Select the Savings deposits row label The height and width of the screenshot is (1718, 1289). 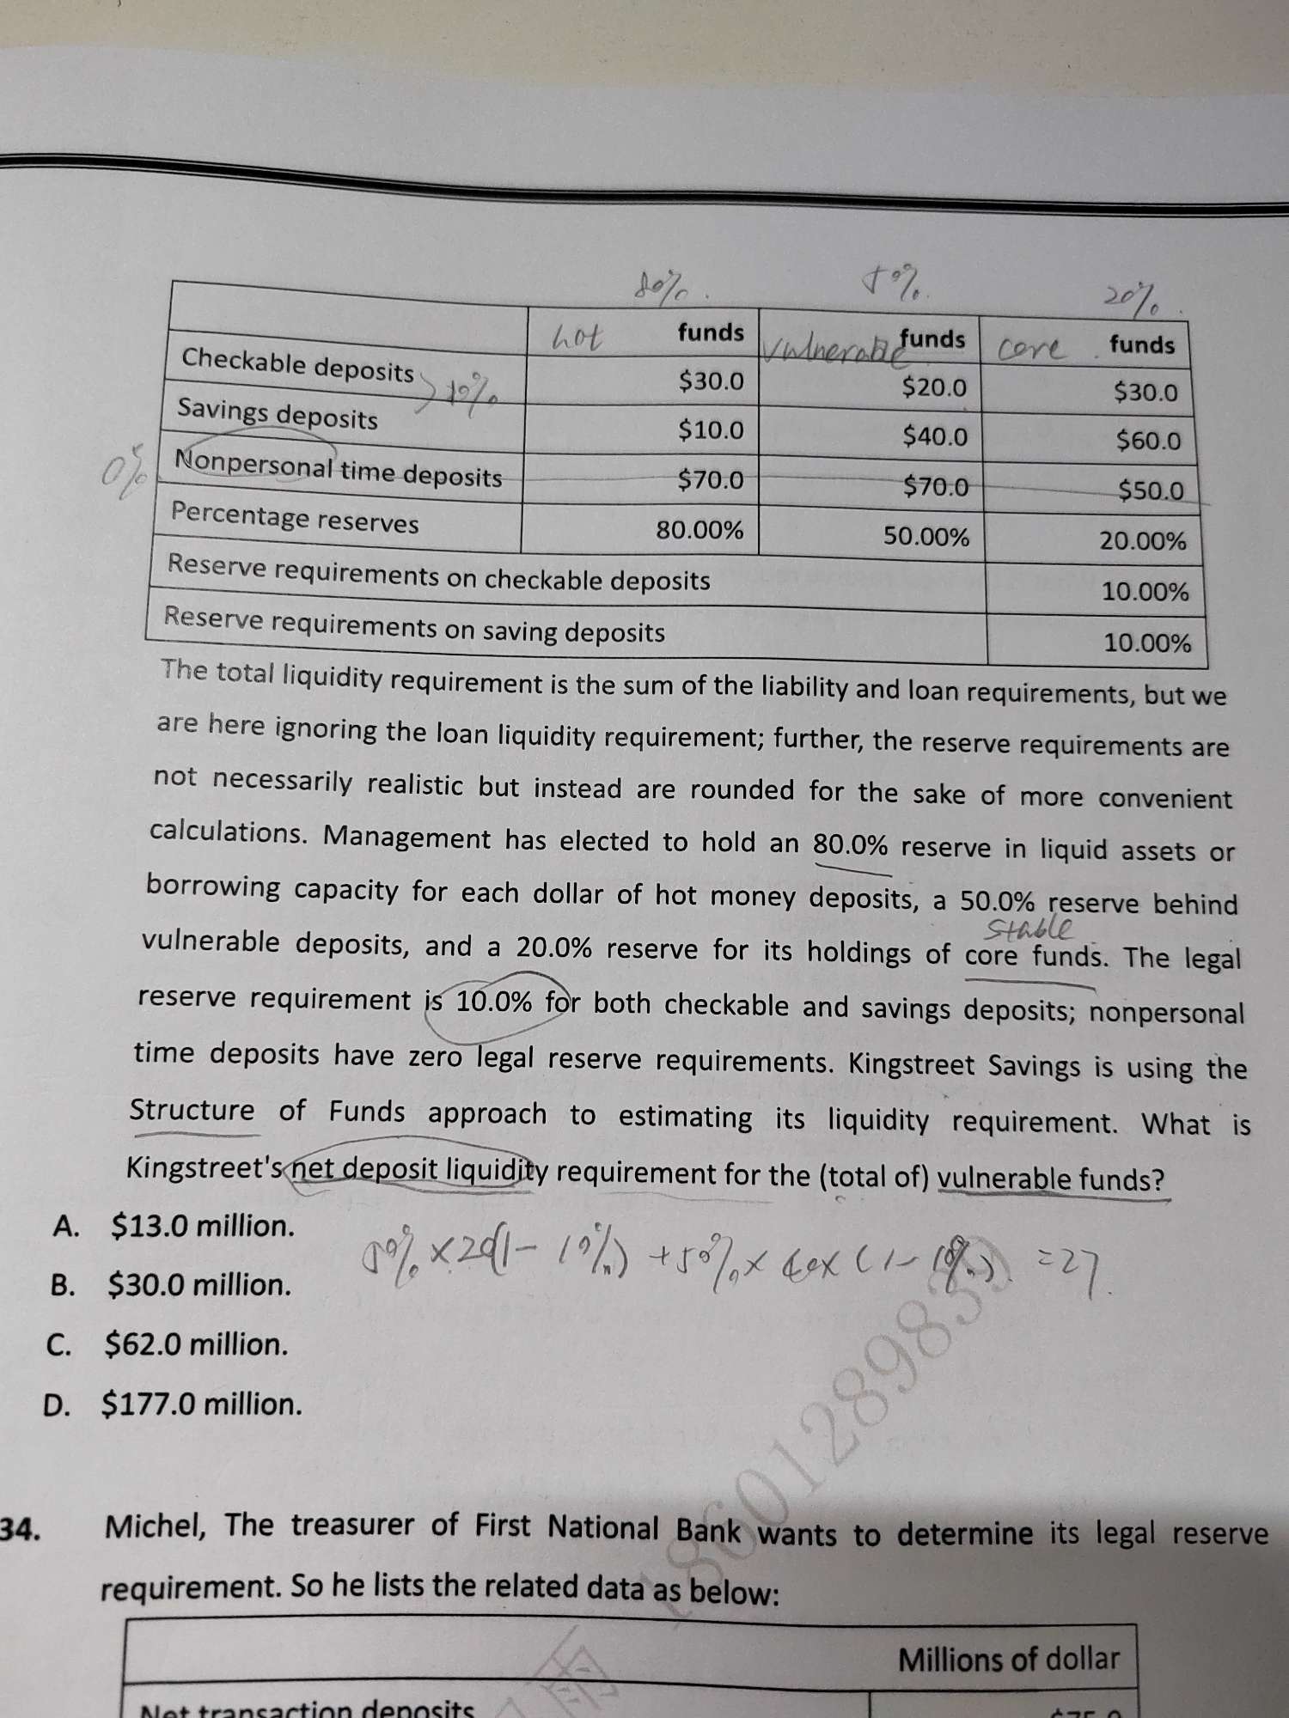click(278, 415)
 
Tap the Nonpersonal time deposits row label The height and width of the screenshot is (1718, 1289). click(338, 469)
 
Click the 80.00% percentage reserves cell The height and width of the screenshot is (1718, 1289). click(699, 530)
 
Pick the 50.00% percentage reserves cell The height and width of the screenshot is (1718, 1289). click(926, 537)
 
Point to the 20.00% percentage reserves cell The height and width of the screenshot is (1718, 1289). click(1143, 541)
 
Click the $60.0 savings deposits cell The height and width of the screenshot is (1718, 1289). click(1148, 442)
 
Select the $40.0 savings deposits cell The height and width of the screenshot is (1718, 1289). click(934, 436)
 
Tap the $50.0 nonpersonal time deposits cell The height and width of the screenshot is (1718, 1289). click(1151, 490)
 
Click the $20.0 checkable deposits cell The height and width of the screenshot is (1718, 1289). click(934, 387)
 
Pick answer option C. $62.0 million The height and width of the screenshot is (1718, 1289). click(167, 1344)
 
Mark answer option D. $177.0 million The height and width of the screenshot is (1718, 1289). click(173, 1404)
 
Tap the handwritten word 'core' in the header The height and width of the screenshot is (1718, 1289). click(1032, 349)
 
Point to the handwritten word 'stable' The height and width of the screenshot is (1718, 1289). click(1028, 929)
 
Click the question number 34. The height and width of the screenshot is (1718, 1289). click(21, 1528)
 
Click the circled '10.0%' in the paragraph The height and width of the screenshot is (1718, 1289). click(493, 1002)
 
